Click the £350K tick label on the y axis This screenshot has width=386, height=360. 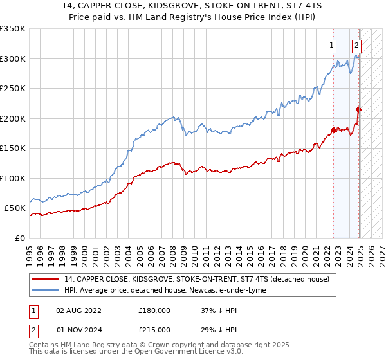[13, 29]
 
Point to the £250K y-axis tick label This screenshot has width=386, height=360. [13, 89]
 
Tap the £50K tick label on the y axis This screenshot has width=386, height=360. [15, 208]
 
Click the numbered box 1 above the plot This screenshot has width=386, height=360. [331, 45]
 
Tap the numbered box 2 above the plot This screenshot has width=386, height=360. [356, 45]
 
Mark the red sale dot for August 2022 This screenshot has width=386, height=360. [333, 130]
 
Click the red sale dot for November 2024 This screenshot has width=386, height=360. [359, 109]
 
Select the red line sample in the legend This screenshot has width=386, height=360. [46, 279]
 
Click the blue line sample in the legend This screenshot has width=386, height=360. [46, 290]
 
